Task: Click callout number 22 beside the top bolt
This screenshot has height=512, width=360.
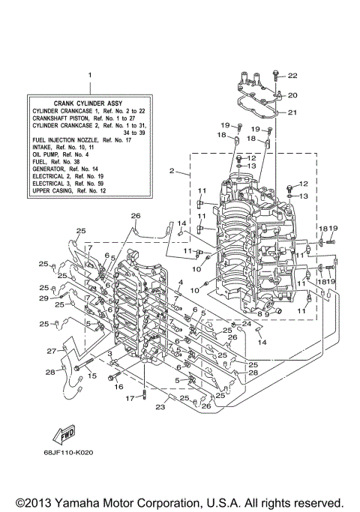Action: [x=292, y=76]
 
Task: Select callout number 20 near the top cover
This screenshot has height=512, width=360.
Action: [x=292, y=95]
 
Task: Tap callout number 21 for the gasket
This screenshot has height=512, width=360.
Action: [x=292, y=113]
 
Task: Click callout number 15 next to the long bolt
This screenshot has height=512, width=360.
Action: [x=92, y=376]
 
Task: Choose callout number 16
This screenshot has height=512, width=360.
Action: [x=118, y=387]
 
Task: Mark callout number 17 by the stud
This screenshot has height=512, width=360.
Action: [x=129, y=398]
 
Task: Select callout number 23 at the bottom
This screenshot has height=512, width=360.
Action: [x=160, y=408]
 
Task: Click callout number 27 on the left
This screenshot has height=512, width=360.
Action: [x=51, y=351]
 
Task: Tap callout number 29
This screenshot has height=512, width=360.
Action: [x=43, y=298]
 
